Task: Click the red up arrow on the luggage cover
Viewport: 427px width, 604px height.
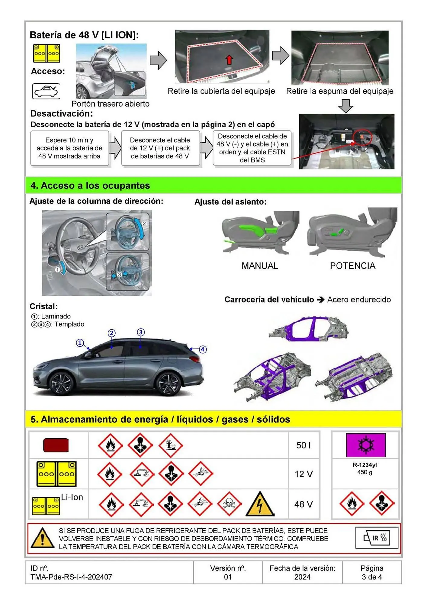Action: (x=229, y=60)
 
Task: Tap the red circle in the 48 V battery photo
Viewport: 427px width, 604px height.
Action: (x=362, y=137)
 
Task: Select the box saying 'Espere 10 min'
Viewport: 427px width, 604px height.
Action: (x=69, y=148)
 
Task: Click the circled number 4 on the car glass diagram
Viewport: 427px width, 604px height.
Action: (x=203, y=349)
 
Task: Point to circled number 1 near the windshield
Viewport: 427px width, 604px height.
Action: (x=80, y=343)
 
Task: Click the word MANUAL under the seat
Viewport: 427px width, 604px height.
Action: (x=260, y=266)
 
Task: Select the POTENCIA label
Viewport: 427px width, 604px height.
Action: (x=352, y=266)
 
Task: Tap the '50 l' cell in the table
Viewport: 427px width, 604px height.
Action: (x=303, y=445)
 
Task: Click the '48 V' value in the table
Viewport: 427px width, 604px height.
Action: (x=303, y=504)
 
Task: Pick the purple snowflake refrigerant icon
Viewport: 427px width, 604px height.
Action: (x=366, y=445)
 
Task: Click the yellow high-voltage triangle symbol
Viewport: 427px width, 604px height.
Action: (x=260, y=504)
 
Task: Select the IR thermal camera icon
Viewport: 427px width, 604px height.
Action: (x=377, y=538)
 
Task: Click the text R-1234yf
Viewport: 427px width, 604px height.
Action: (x=365, y=465)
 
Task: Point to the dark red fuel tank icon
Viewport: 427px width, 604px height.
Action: (x=56, y=445)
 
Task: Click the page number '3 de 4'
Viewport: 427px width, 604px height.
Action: (x=372, y=577)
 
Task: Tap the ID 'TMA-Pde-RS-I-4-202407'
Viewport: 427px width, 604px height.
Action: (x=71, y=577)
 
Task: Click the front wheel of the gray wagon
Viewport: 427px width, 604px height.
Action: (x=63, y=383)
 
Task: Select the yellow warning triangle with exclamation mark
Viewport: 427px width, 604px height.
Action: (x=43, y=538)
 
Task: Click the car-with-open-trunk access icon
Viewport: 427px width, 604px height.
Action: (x=46, y=91)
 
